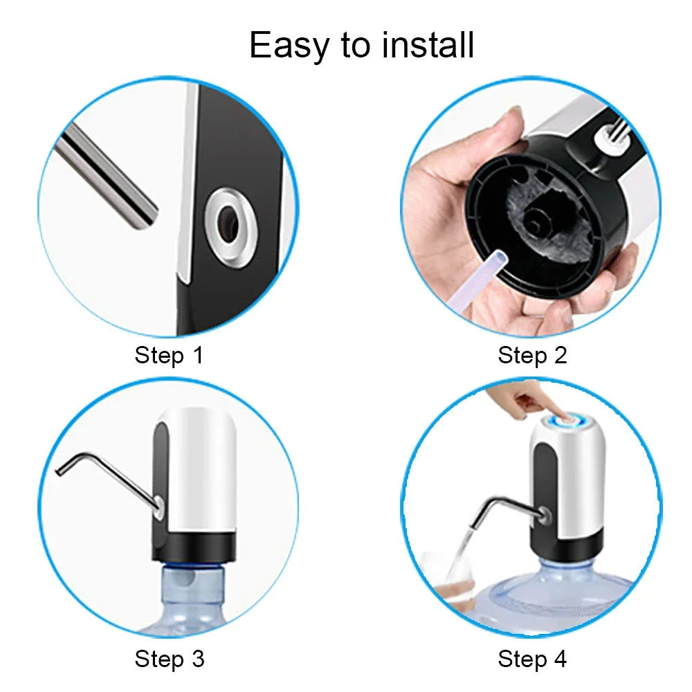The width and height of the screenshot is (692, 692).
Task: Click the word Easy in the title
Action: point(290,46)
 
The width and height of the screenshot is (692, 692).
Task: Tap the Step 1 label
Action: point(170,356)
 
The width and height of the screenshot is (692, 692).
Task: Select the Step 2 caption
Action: point(532,356)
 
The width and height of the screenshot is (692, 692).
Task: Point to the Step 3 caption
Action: point(170,658)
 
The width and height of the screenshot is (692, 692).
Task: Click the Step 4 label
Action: point(532,658)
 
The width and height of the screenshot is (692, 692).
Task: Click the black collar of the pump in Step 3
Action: point(194,547)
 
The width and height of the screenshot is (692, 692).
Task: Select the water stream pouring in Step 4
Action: point(465,547)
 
